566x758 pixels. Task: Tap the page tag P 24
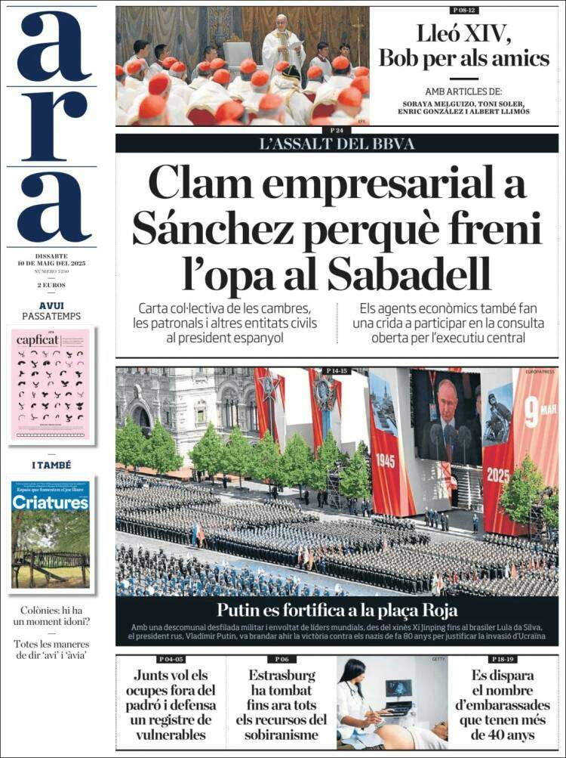(x=337, y=131)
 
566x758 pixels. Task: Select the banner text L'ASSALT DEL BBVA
(x=337, y=144)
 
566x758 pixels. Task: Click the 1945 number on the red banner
(x=385, y=460)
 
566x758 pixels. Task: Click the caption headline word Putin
(x=240, y=610)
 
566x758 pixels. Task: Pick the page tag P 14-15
(x=337, y=370)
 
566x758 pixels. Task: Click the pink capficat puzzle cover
(x=51, y=384)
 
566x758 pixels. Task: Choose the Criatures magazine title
(x=51, y=503)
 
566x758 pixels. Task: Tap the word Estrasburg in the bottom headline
(x=281, y=674)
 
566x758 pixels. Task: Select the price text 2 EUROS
(x=51, y=285)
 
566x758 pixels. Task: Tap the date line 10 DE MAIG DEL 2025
(x=51, y=263)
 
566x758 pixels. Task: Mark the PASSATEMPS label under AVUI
(x=51, y=315)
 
